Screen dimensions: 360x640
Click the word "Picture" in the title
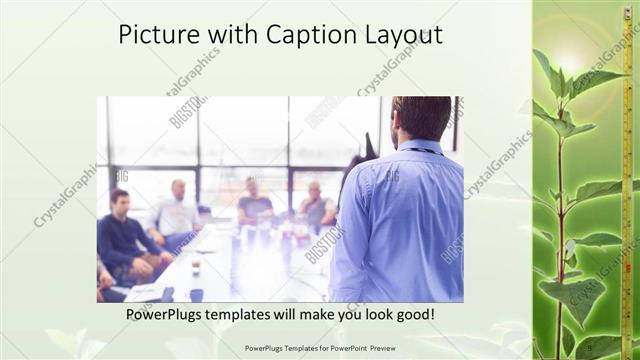pos(157,34)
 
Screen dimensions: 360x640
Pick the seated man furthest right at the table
pos(315,205)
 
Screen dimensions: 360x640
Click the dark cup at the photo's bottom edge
pos(196,294)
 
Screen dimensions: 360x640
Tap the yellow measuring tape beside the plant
pos(627,180)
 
